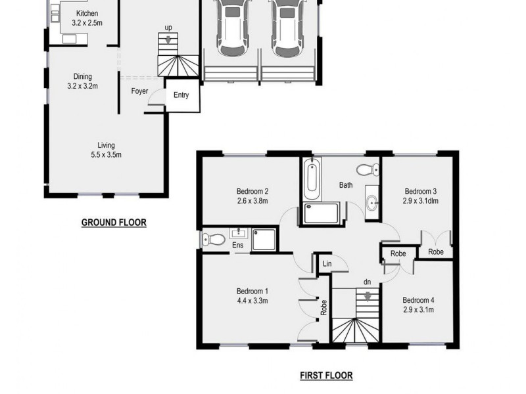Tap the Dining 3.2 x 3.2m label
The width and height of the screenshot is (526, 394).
coord(82,81)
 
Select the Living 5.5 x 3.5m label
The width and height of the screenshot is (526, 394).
coord(106,150)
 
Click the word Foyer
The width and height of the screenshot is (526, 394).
coord(139,91)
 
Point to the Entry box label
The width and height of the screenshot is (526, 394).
coord(181,95)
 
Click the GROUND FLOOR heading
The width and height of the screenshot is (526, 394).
coord(114,223)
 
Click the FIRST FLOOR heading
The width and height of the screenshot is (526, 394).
coord(326,376)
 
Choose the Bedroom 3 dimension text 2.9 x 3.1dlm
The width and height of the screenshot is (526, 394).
coord(420,202)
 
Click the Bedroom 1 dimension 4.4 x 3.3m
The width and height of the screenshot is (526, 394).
coord(252,301)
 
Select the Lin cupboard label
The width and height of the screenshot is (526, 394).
coord(325,264)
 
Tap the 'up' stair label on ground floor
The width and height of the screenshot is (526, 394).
coord(169,29)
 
